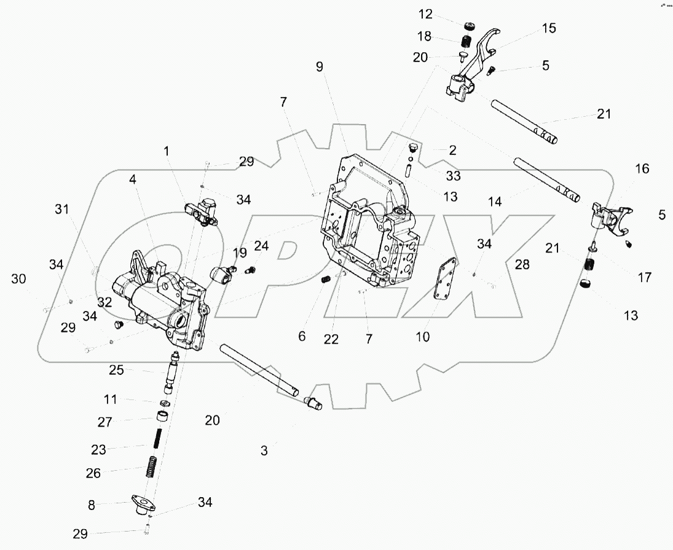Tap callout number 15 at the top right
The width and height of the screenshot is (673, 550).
pyautogui.click(x=548, y=28)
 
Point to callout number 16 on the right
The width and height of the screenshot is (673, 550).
pyautogui.click(x=642, y=169)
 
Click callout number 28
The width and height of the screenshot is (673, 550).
pyautogui.click(x=522, y=264)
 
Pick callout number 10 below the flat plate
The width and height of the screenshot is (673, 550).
pyautogui.click(x=422, y=337)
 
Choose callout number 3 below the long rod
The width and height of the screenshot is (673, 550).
pyautogui.click(x=264, y=450)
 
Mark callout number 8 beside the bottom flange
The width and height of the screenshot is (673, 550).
pyautogui.click(x=92, y=505)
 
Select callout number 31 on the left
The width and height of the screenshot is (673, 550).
pyautogui.click(x=61, y=210)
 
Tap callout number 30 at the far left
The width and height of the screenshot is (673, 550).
pyautogui.click(x=18, y=278)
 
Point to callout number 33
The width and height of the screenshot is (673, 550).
pyautogui.click(x=454, y=176)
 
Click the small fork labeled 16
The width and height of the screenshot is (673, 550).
pyautogui.click(x=607, y=219)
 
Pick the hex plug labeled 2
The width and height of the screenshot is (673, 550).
pyautogui.click(x=413, y=149)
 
